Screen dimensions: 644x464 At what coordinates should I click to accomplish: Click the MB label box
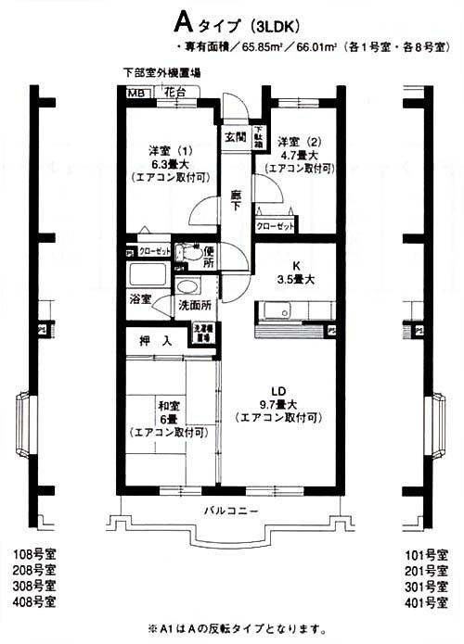pos(136,92)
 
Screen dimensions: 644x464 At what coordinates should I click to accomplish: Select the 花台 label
pos(174,91)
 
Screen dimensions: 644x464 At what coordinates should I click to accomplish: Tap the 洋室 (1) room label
pos(169,150)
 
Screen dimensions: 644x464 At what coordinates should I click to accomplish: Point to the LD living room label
pos(277,390)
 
